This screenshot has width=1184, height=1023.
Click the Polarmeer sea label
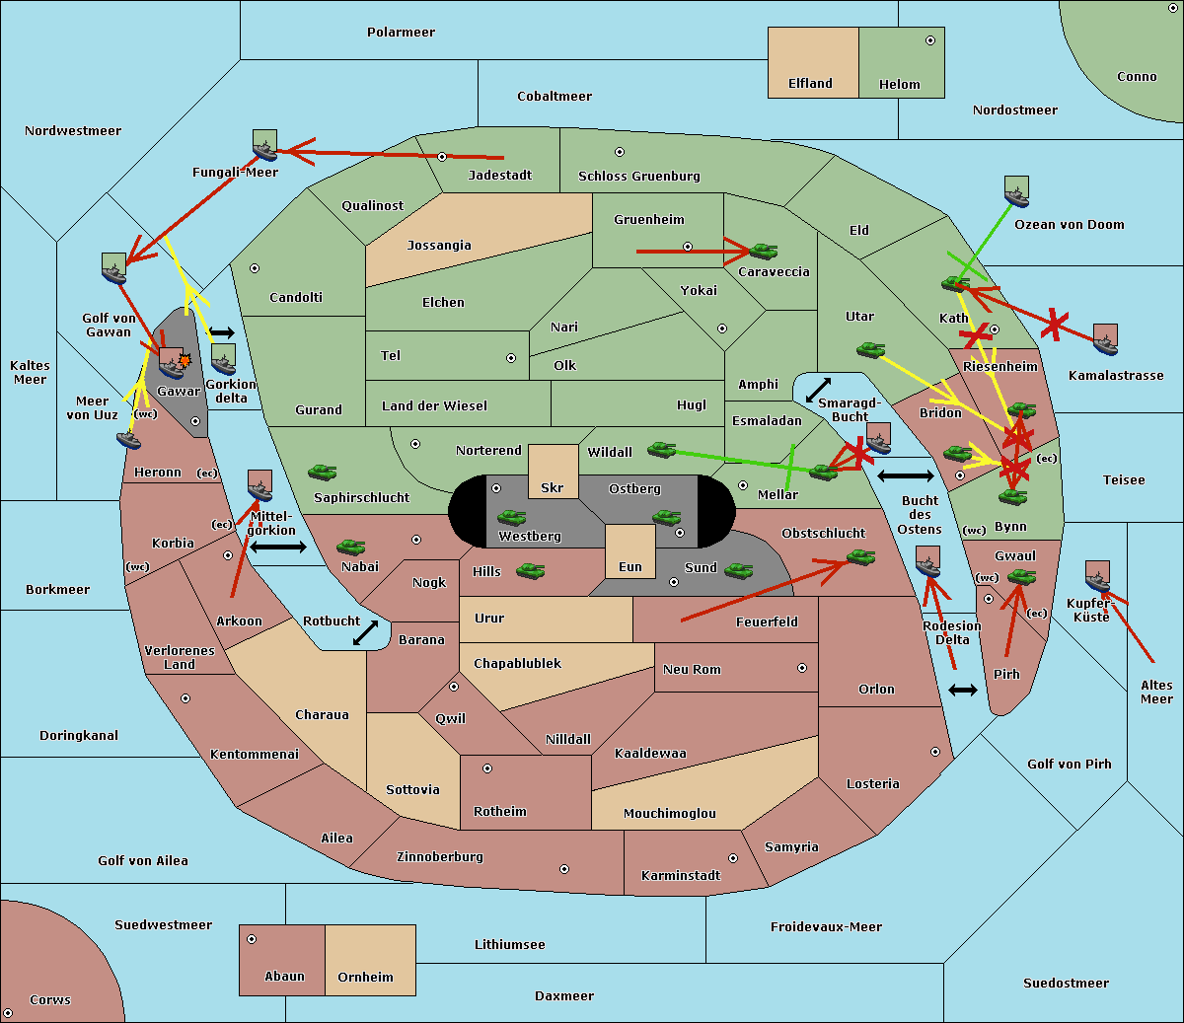click(401, 33)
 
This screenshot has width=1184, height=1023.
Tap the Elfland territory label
click(810, 84)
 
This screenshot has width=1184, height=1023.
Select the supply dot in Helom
click(929, 40)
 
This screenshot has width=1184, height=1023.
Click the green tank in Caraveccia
click(763, 252)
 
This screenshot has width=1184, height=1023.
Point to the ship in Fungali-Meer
click(264, 146)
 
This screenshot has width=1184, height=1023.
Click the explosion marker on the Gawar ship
click(185, 361)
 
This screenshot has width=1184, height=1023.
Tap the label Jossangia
click(439, 246)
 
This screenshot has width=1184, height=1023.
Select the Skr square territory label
click(553, 488)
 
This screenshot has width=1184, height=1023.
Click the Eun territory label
click(630, 567)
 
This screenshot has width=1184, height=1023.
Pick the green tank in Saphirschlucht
click(322, 474)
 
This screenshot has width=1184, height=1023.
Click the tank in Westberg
click(511, 517)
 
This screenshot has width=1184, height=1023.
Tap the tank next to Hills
click(530, 570)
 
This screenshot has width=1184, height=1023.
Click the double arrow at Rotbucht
click(365, 632)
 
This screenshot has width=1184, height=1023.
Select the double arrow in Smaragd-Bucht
click(818, 391)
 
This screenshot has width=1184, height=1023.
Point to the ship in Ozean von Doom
click(1016, 190)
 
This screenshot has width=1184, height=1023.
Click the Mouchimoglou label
click(669, 814)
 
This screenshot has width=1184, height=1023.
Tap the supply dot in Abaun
click(252, 939)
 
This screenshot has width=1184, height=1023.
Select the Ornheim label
click(365, 978)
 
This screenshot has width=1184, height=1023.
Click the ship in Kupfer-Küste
click(1097, 576)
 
